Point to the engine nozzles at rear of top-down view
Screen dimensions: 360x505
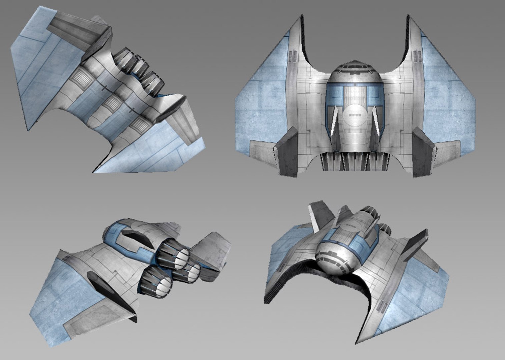point(354,162)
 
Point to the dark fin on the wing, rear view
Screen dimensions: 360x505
point(112,293)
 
